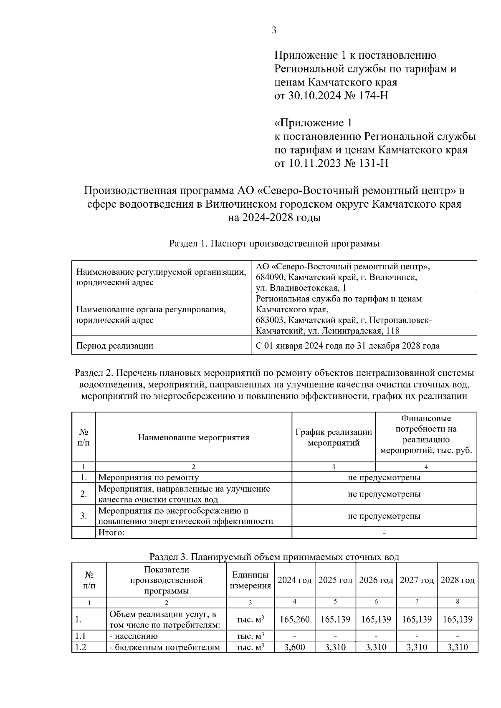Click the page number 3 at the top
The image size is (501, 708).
(274, 30)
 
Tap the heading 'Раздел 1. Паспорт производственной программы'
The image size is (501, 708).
(274, 244)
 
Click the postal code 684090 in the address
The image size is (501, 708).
(270, 277)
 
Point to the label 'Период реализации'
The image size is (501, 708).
(114, 346)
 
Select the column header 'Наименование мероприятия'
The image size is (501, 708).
(193, 437)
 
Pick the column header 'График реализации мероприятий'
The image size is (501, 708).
(334, 437)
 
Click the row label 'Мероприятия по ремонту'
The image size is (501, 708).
(148, 477)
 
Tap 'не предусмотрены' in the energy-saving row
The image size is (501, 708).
(384, 516)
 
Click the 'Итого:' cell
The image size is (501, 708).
(111, 532)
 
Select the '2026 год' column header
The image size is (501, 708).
(376, 580)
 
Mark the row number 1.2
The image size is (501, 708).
(80, 647)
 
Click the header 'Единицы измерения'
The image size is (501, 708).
(250, 580)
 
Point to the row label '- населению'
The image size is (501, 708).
(134, 636)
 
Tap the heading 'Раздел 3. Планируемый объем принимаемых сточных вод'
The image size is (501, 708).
(274, 557)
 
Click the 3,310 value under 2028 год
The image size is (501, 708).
(458, 647)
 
